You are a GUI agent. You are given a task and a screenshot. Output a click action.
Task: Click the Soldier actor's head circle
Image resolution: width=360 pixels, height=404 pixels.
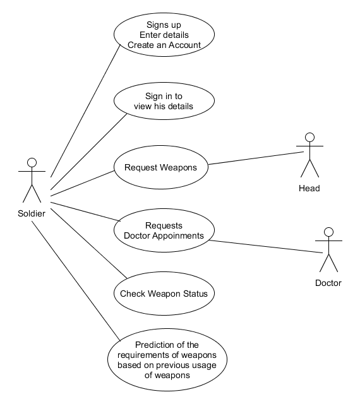coord(32,162)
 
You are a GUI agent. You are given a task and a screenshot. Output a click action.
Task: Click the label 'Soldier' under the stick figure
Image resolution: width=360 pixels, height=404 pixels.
coord(32,213)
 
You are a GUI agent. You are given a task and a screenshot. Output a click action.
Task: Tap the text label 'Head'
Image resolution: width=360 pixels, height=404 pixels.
coord(309,188)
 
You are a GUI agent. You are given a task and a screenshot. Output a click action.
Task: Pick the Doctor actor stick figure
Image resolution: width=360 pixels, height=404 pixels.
coord(328,249)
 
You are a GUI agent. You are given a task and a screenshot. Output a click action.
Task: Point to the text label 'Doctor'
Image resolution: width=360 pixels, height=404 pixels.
coord(328,283)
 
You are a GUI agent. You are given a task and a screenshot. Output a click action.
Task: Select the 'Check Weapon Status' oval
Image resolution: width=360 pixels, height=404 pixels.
coord(164,294)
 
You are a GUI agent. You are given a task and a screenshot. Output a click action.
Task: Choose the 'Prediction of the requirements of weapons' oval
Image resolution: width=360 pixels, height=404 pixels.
coord(167,360)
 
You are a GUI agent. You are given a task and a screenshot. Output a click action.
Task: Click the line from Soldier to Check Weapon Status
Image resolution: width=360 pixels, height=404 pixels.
coord(85,243)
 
